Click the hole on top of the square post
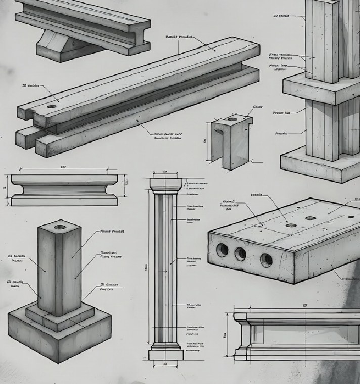[60, 227]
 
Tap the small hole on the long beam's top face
[52, 107]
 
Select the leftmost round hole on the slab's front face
[222, 249]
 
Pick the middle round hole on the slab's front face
[240, 254]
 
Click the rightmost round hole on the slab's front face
[266, 260]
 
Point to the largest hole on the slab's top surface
[291, 225]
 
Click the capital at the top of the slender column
[165, 185]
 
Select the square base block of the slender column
[165, 355]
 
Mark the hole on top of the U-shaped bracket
[232, 120]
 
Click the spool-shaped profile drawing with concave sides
[64, 189]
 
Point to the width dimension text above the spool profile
[64, 167]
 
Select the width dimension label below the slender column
[165, 364]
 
